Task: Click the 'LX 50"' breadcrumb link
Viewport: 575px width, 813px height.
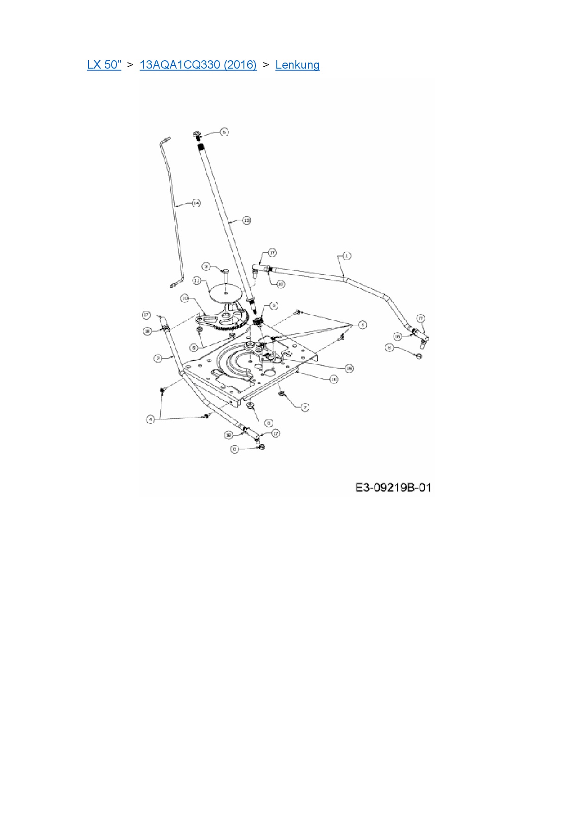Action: [x=104, y=64]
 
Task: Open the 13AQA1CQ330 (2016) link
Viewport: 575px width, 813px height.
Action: [x=198, y=64]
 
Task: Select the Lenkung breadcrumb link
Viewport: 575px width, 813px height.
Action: [x=297, y=64]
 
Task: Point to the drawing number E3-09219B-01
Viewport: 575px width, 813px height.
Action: [x=393, y=488]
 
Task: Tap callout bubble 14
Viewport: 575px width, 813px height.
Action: [x=197, y=203]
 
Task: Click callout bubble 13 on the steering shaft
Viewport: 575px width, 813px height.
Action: [x=247, y=221]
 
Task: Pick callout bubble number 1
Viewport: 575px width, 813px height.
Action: [x=346, y=255]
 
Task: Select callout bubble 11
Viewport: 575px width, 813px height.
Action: [x=197, y=281]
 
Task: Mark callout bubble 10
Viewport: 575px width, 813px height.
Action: [x=185, y=299]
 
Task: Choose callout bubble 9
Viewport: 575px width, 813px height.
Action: [x=274, y=305]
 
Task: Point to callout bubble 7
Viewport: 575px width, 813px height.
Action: [x=305, y=407]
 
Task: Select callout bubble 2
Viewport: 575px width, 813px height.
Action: [x=158, y=358]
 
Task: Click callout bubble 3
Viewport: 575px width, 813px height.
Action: [x=207, y=267]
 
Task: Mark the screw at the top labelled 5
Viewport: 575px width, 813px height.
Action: [x=196, y=135]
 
